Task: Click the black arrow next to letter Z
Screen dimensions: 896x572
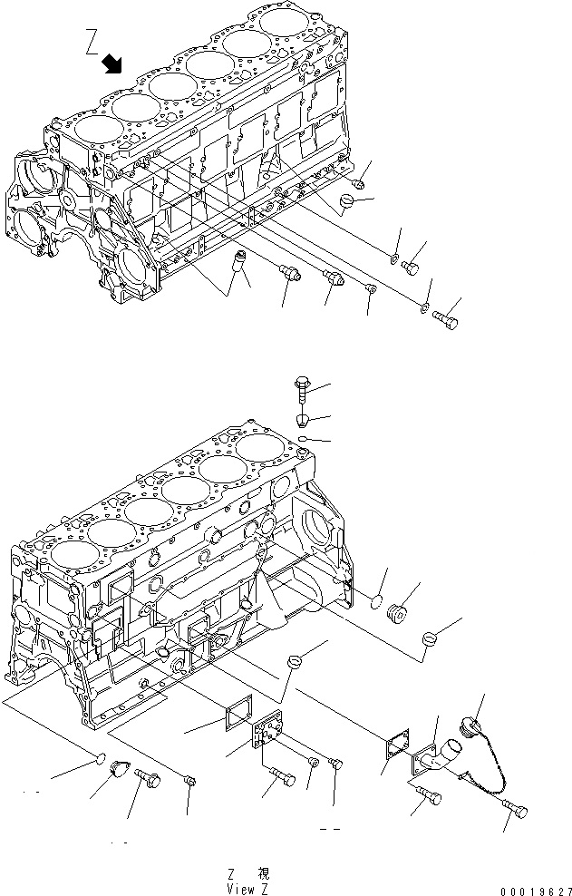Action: click(x=114, y=63)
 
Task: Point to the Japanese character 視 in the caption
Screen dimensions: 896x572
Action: click(x=263, y=874)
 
